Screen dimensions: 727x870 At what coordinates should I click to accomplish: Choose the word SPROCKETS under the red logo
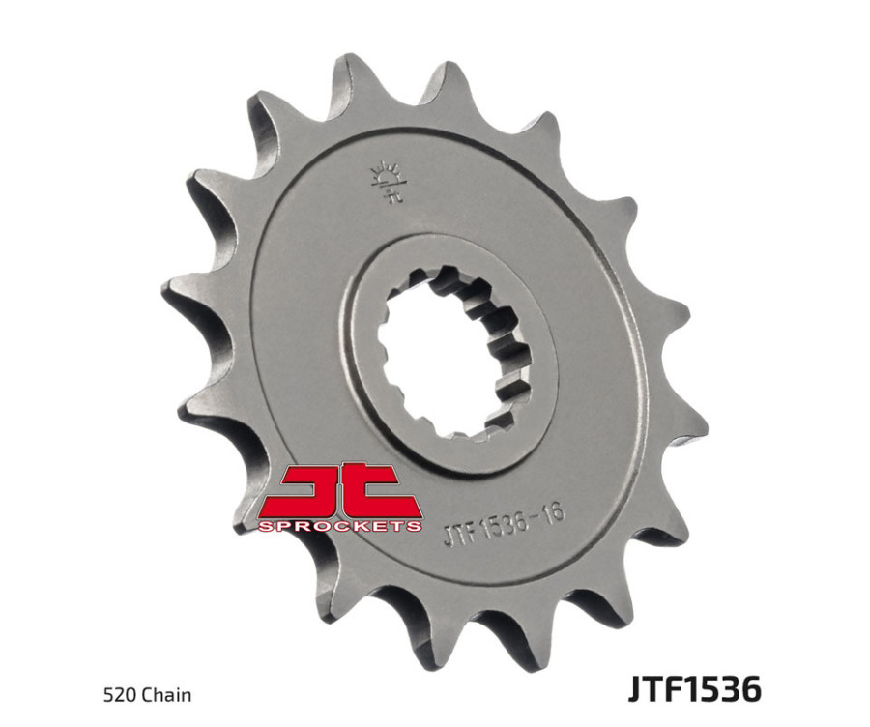pyautogui.click(x=340, y=525)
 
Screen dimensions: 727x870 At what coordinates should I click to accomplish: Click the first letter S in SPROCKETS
pyautogui.click(x=265, y=525)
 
